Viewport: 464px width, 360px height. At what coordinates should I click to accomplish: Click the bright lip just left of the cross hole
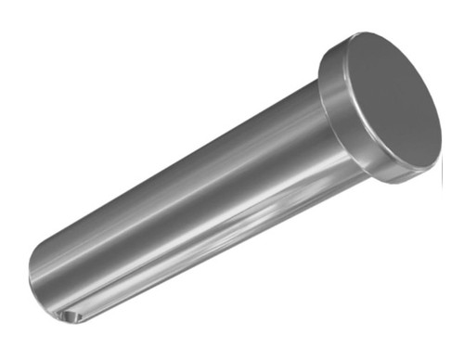tap(58, 315)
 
